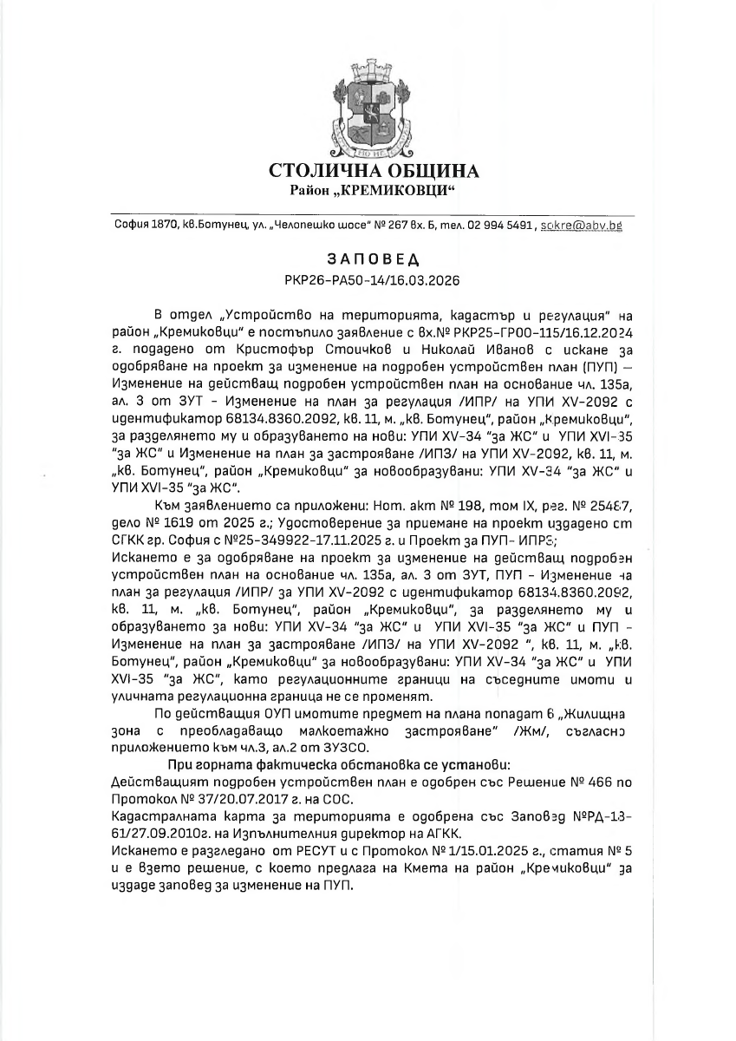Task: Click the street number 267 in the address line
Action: point(394,226)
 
